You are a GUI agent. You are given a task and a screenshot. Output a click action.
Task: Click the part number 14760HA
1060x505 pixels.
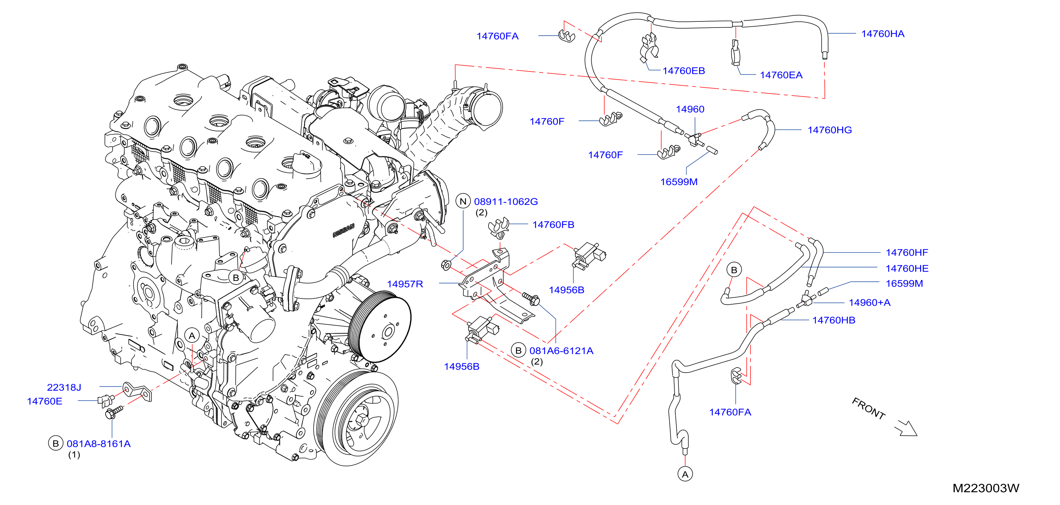883,34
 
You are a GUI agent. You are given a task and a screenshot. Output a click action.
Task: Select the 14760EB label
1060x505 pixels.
684,71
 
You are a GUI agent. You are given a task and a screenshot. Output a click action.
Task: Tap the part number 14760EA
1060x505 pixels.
781,75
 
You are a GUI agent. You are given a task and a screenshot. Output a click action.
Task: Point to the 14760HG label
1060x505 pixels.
830,130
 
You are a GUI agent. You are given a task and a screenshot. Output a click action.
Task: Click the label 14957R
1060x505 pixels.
405,284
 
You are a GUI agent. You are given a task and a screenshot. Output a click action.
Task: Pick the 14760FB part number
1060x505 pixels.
553,225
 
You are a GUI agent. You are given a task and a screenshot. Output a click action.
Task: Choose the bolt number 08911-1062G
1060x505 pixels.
506,201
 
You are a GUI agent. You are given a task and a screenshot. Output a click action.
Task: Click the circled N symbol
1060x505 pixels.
463,201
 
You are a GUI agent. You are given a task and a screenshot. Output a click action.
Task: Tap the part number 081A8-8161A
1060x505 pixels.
99,444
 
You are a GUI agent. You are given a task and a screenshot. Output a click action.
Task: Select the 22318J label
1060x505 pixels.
64,387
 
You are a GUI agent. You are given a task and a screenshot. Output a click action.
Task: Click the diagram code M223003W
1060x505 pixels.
986,488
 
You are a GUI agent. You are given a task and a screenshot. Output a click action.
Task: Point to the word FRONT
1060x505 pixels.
869,408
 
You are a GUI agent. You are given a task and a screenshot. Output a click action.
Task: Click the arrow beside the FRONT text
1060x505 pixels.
906,428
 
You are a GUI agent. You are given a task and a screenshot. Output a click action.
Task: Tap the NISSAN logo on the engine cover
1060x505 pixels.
343,231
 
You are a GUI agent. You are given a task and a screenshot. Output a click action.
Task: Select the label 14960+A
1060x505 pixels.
869,303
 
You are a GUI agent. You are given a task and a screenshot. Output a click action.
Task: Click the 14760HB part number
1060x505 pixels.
834,320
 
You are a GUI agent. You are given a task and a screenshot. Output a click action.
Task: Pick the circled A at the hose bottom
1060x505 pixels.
685,474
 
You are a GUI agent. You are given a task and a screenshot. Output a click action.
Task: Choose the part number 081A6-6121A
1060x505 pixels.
561,351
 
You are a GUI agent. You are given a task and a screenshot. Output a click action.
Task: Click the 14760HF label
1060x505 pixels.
907,253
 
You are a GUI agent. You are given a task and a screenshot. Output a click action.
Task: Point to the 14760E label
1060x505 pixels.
45,401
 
